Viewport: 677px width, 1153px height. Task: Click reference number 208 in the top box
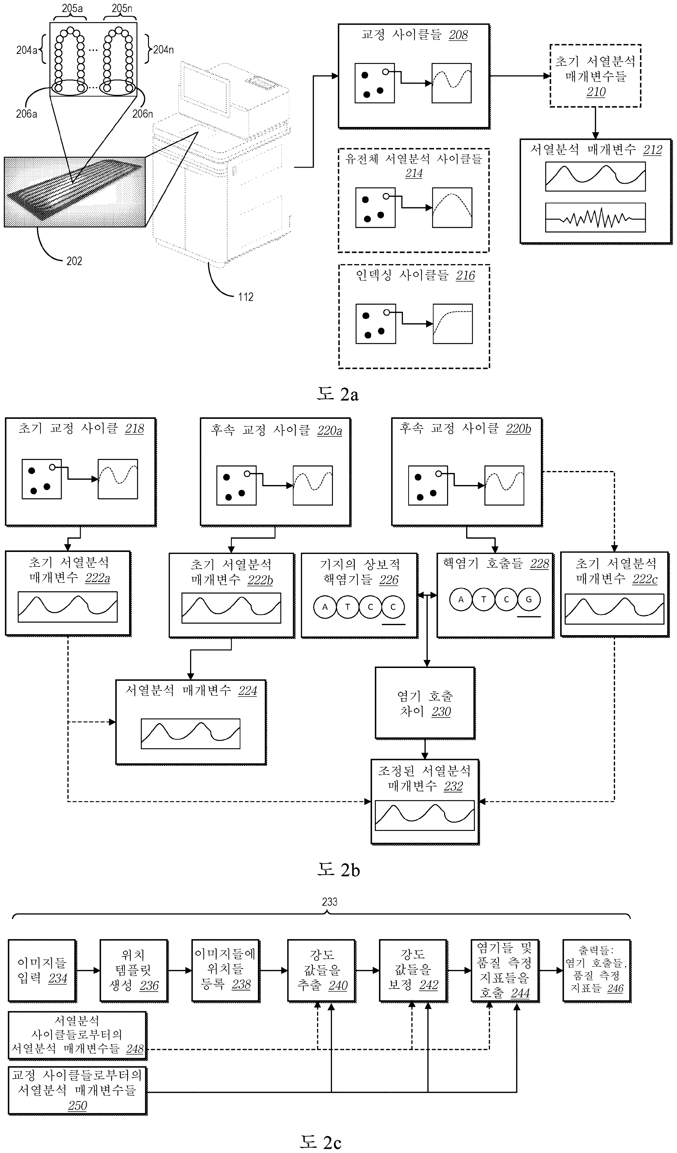[x=458, y=35]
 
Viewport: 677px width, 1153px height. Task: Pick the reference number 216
[x=465, y=275]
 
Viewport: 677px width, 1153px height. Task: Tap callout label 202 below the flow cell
[x=74, y=261]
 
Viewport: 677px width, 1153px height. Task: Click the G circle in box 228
[x=529, y=599]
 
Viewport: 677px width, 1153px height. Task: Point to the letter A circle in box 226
[x=325, y=607]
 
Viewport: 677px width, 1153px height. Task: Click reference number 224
[x=248, y=691]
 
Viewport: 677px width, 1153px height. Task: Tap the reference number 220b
[x=518, y=429]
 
